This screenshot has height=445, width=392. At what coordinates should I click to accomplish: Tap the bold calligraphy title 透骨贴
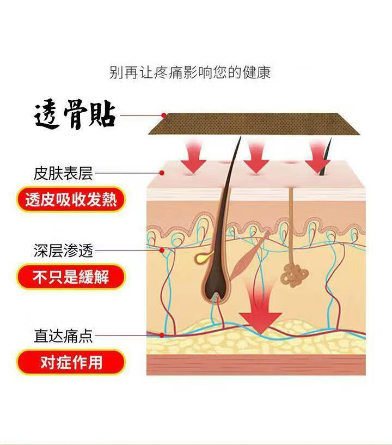pyautogui.click(x=75, y=115)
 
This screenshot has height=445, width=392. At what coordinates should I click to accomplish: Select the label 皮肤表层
pyautogui.click(x=63, y=174)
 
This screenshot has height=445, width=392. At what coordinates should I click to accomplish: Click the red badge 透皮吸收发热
pyautogui.click(x=71, y=200)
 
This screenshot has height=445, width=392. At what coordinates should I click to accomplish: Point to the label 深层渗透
pyautogui.click(x=63, y=251)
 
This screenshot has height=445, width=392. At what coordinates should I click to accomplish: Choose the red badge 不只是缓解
pyautogui.click(x=71, y=277)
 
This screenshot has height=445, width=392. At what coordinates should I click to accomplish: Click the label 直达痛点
pyautogui.click(x=63, y=336)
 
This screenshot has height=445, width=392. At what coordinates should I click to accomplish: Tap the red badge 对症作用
pyautogui.click(x=71, y=362)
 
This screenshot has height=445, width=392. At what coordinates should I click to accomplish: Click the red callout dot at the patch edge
pyautogui.click(x=163, y=115)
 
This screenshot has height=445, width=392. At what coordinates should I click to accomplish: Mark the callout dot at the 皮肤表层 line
pyautogui.click(x=162, y=174)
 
